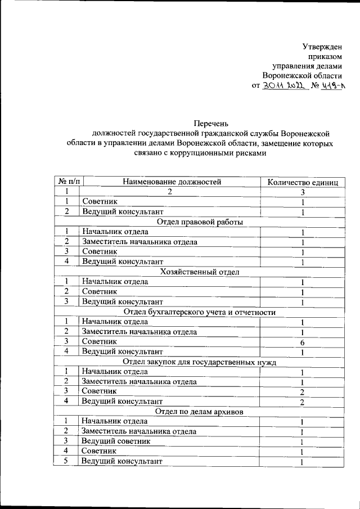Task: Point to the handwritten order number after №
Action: [x=331, y=86]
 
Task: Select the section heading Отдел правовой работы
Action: [x=200, y=222]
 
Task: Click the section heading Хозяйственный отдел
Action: [x=200, y=272]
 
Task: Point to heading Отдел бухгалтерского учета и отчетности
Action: [x=200, y=312]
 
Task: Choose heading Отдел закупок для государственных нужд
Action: [x=200, y=362]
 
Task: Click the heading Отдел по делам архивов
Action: [x=200, y=412]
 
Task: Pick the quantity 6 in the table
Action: [x=302, y=342]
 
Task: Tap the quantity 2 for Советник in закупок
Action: [x=302, y=392]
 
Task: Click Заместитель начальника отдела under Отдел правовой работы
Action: [x=139, y=242]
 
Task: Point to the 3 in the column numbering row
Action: [x=302, y=192]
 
